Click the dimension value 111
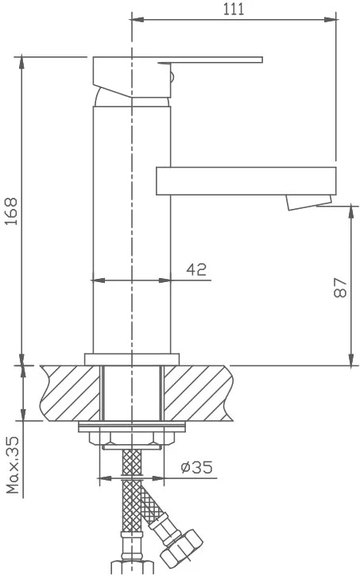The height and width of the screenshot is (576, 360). pyautogui.click(x=234, y=9)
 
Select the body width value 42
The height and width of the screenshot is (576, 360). pyautogui.click(x=196, y=269)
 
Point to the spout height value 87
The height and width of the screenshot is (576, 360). pyautogui.click(x=341, y=288)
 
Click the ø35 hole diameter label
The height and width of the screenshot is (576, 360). pyautogui.click(x=196, y=467)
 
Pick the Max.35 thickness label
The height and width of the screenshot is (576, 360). pyautogui.click(x=12, y=465)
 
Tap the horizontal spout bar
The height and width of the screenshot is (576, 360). pyautogui.click(x=246, y=180)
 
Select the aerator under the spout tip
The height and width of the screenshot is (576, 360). pyautogui.click(x=309, y=203)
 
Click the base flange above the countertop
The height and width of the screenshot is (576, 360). pyautogui.click(x=132, y=359)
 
